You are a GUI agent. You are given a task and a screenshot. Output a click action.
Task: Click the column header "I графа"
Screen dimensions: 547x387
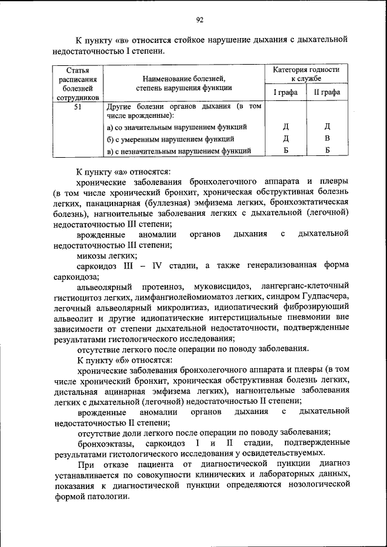point(285,92)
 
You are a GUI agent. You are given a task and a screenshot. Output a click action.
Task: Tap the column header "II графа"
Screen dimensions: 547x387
point(327,92)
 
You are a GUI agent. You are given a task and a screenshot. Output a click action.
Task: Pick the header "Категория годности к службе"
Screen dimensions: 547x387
point(306,74)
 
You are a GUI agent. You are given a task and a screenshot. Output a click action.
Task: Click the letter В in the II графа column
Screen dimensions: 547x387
point(327,138)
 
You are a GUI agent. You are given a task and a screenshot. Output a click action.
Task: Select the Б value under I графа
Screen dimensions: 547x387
point(285,150)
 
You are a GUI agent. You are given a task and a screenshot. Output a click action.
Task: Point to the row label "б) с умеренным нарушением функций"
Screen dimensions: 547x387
point(167,139)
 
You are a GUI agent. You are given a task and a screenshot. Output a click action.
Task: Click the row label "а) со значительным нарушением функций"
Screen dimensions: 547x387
point(176,128)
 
